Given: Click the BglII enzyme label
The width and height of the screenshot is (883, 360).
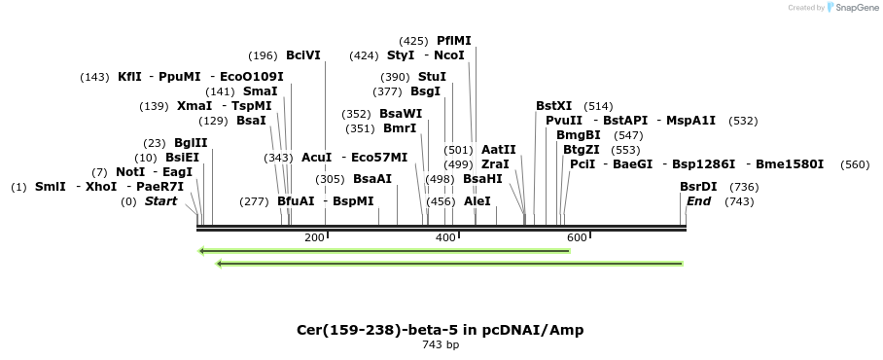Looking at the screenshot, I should point(190,142).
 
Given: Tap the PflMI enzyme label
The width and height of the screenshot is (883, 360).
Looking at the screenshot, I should point(454,41).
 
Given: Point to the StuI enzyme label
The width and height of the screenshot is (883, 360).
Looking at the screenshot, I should point(432,76).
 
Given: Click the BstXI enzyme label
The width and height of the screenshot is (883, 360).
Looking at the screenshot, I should point(554,105).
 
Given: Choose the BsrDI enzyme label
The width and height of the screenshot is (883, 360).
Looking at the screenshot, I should point(698,187).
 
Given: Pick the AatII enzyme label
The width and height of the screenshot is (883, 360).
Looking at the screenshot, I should point(499,150).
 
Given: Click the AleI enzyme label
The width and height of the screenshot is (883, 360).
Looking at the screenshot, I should point(477,201).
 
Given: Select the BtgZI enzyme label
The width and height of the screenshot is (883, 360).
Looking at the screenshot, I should point(582,150).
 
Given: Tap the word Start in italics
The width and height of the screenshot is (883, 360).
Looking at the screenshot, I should point(161,201).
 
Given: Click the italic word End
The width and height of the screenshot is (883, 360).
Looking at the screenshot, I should point(698,201).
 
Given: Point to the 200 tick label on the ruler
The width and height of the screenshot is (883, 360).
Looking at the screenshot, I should point(314,238).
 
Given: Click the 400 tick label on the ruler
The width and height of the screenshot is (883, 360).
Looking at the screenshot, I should point(445,238).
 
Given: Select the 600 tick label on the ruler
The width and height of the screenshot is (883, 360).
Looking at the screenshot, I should point(577,238).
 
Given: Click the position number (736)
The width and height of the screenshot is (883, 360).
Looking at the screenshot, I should point(744,187).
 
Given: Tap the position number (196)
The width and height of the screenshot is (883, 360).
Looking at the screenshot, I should point(263,55).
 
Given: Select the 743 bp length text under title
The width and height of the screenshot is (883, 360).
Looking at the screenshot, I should point(441,344).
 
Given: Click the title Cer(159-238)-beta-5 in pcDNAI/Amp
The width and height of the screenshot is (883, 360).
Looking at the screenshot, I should point(441,330).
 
